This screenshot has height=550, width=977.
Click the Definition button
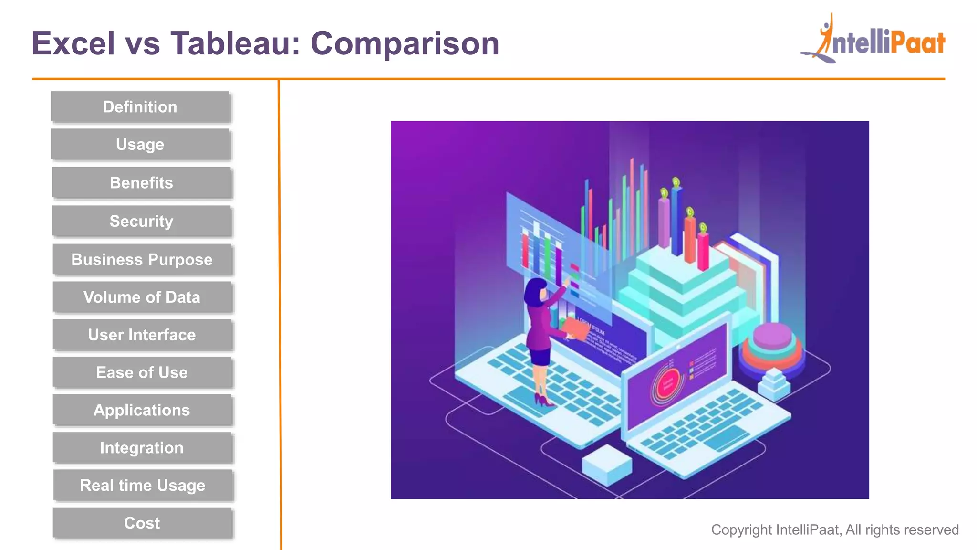click(140, 107)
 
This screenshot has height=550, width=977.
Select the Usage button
click(140, 144)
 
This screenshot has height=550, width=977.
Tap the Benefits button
click(141, 183)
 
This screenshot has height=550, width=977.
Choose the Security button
click(141, 221)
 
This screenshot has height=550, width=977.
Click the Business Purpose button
click(142, 260)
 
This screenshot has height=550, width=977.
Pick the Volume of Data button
click(142, 297)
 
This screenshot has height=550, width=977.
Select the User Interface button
click(142, 335)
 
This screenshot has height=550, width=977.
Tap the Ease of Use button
click(142, 372)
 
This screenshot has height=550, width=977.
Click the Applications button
click(142, 410)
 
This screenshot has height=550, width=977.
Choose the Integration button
click(142, 448)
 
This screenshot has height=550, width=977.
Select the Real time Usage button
click(142, 485)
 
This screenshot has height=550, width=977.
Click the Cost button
click(142, 523)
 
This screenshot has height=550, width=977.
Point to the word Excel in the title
click(73, 43)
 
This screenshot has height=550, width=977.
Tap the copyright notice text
click(834, 529)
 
